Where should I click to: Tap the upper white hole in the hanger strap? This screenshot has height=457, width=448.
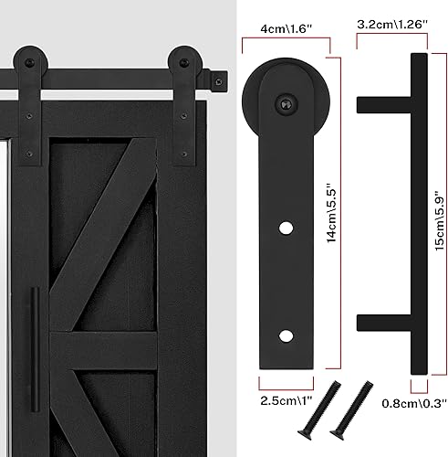(x=286, y=226)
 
